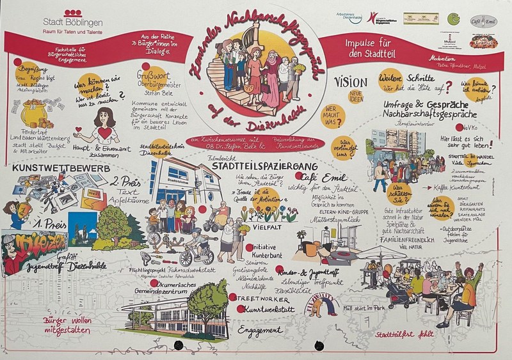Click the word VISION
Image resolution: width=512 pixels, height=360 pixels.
point(351,82)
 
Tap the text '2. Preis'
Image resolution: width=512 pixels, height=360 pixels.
point(126,180)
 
